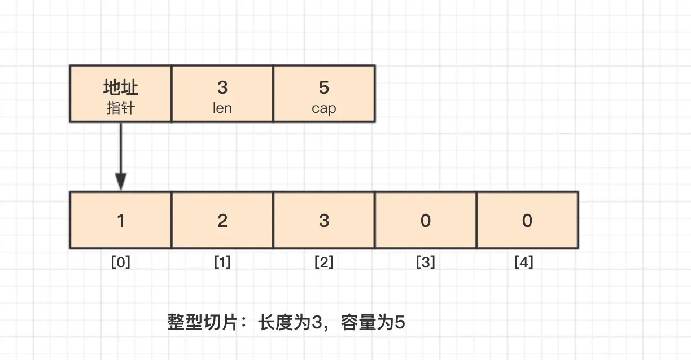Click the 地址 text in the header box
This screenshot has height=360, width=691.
[120, 87]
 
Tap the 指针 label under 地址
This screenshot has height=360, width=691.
[120, 108]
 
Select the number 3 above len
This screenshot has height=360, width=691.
[222, 87]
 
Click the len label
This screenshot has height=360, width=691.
[222, 108]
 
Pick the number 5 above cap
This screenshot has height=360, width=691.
[323, 87]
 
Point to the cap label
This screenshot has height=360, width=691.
[323, 108]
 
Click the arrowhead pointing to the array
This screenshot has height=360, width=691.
[120, 182]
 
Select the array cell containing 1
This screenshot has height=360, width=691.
[120, 220]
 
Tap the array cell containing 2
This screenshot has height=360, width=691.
[222, 220]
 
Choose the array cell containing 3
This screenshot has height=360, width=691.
[323, 220]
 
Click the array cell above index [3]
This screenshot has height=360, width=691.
[425, 220]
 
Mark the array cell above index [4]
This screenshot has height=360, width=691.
[527, 220]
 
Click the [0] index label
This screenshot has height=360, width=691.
[120, 262]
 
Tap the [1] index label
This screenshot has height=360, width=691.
[222, 262]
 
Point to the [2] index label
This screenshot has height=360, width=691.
[323, 262]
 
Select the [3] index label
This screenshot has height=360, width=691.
[425, 262]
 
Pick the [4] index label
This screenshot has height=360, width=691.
[524, 262]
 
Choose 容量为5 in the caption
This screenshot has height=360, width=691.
[373, 323]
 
